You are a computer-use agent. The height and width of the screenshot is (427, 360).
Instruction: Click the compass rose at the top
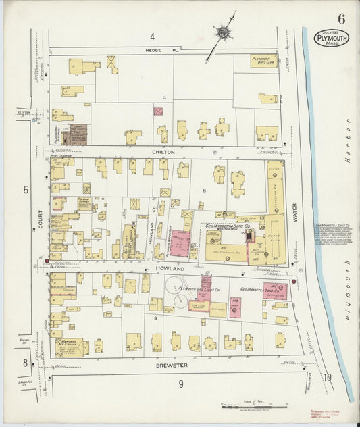222,32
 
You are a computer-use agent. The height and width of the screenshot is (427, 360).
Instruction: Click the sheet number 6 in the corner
342,18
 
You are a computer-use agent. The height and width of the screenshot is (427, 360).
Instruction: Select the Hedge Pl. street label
155,51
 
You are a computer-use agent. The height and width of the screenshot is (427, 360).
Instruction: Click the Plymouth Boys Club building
263,60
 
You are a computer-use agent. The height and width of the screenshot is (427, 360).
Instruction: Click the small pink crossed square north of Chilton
158,111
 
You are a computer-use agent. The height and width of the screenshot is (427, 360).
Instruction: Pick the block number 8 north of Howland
201,191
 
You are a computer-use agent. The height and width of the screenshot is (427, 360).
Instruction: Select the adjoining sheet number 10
328,378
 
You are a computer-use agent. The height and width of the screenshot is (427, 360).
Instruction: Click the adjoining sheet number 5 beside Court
26,190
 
